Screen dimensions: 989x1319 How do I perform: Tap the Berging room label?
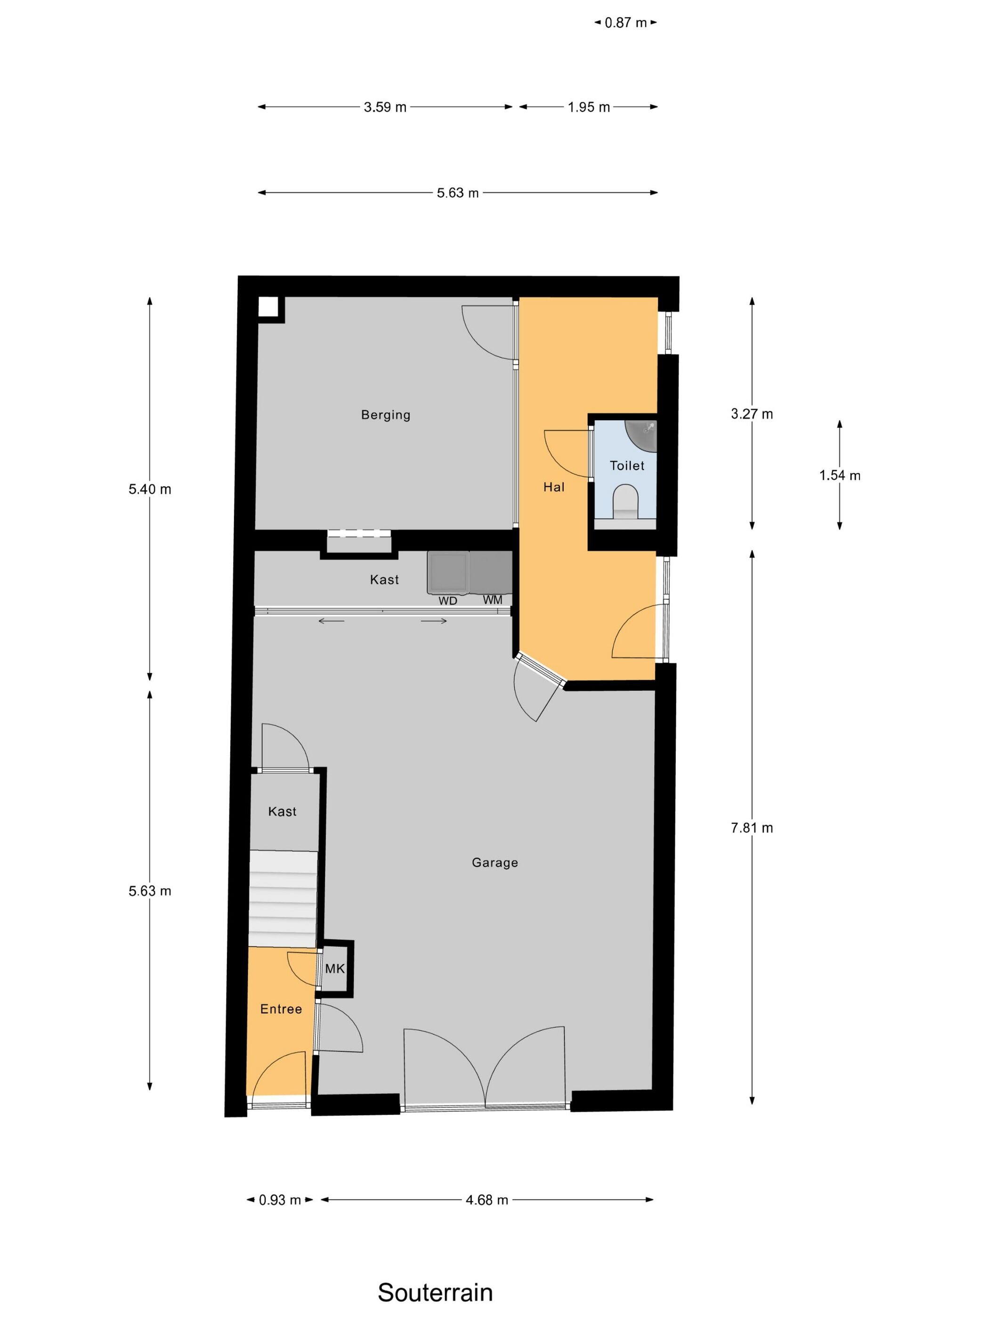(386, 415)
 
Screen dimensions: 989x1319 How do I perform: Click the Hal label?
(554, 487)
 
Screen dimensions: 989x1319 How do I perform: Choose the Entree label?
(281, 1009)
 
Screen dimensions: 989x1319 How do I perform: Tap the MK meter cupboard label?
(335, 969)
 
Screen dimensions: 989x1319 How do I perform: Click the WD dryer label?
(448, 601)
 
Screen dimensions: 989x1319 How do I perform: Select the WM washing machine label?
(493, 600)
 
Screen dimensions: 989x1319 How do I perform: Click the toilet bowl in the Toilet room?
(625, 501)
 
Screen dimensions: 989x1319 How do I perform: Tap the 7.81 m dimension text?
(752, 828)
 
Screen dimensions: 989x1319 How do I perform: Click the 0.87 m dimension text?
(625, 23)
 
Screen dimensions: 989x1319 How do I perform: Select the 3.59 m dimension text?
(385, 107)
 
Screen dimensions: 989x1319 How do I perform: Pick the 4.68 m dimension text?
(486, 1200)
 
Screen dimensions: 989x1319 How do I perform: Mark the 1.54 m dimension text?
(839, 475)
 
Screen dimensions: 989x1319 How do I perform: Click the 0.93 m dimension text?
(280, 1200)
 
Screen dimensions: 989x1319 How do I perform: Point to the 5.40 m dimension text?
(150, 489)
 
